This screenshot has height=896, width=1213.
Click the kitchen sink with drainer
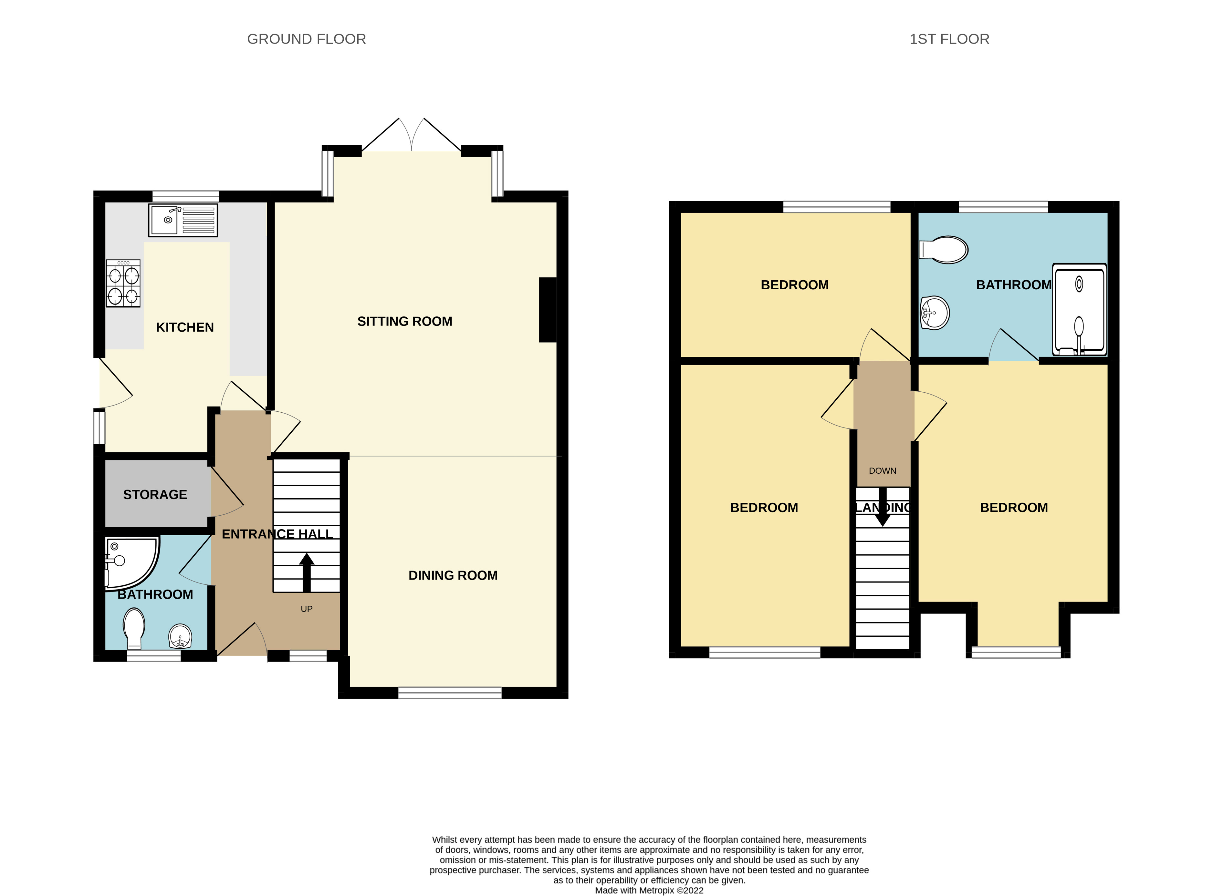(x=183, y=220)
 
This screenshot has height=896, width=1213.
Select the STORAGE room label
(x=155, y=495)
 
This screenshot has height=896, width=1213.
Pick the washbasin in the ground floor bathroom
(x=180, y=636)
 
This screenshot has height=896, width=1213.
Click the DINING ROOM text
(x=453, y=575)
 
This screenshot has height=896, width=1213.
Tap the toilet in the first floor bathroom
(x=944, y=250)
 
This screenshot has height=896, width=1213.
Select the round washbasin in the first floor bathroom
(x=935, y=313)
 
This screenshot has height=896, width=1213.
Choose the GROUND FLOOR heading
(x=307, y=39)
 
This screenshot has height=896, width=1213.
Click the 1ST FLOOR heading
(x=949, y=39)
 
